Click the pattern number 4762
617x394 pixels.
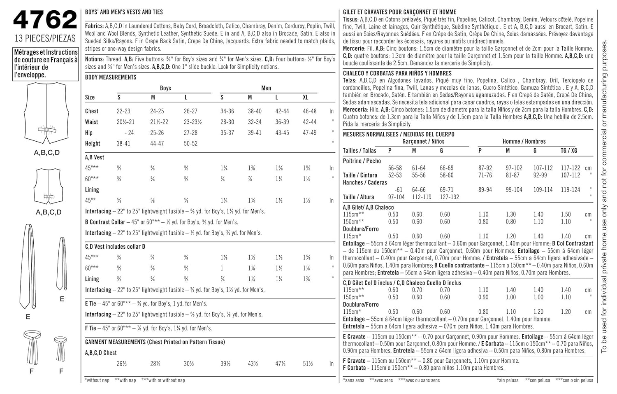point(45,20)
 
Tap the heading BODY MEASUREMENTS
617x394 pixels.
point(111,77)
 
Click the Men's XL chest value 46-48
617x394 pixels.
point(309,111)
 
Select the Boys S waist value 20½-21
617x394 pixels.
point(125,122)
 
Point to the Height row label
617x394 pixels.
point(93,144)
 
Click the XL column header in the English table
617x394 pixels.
point(306,98)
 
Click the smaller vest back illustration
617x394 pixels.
point(49,186)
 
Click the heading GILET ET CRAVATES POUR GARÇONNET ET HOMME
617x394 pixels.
point(399,12)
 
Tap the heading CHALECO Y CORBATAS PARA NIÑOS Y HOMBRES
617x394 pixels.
point(397,73)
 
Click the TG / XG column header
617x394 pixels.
point(568,151)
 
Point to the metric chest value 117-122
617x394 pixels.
point(570,168)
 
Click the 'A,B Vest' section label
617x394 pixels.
point(95,157)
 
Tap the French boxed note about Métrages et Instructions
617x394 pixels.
point(46,64)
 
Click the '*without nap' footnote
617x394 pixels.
point(97,380)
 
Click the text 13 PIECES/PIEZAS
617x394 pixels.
point(45,39)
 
